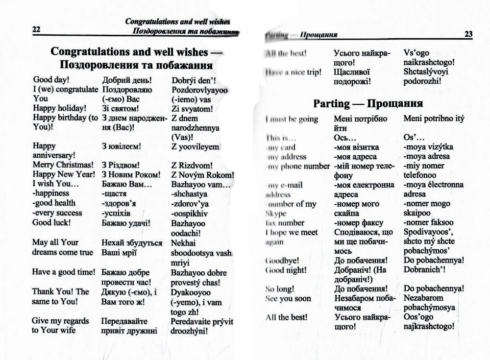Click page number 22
(x=36, y=29)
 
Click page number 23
(x=468, y=34)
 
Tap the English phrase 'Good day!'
(x=50, y=79)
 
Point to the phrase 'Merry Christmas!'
(x=63, y=165)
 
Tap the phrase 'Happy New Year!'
(x=64, y=174)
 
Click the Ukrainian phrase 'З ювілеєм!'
(x=122, y=146)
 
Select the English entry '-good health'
(x=54, y=203)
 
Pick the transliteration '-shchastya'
(x=191, y=193)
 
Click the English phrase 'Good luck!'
(x=51, y=222)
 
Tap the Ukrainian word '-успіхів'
(x=116, y=213)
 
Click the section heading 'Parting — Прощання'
(x=367, y=104)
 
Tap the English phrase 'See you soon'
(x=288, y=298)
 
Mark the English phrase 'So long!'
(x=279, y=288)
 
